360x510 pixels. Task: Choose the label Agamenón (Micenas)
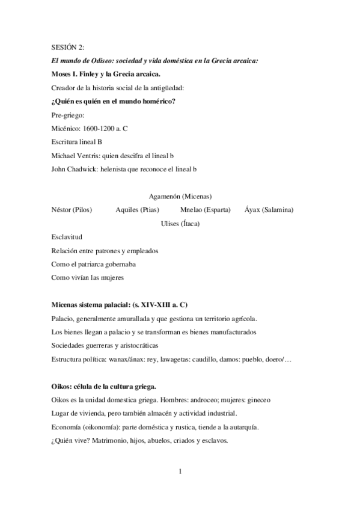(180, 196)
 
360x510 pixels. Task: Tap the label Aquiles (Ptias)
(137, 210)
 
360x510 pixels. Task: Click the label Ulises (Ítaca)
(180, 224)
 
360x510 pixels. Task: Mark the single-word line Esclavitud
(67, 237)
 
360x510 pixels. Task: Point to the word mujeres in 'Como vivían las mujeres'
(110, 277)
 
